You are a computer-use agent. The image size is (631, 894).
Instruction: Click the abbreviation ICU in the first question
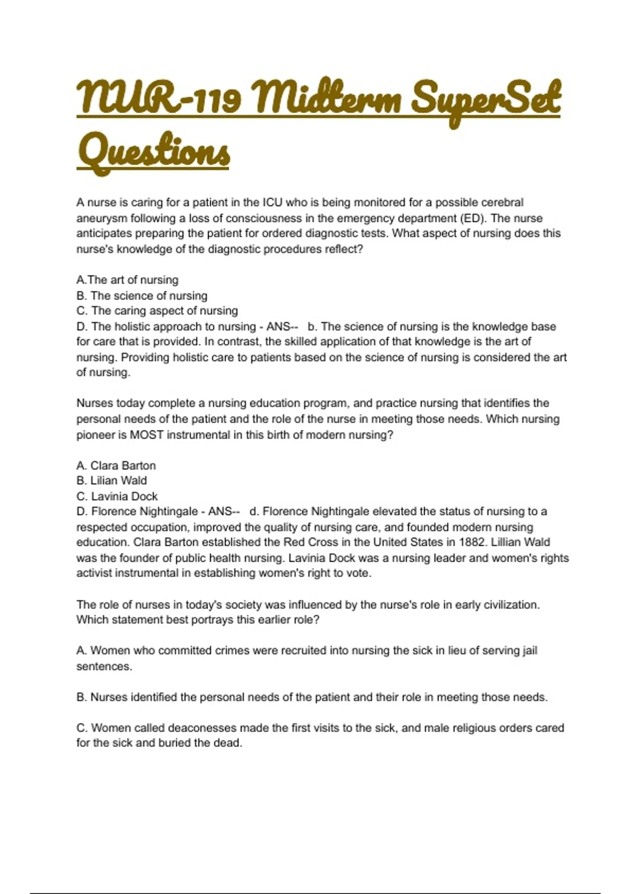click(x=272, y=202)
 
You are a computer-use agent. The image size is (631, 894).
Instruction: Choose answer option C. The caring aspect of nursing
click(x=157, y=311)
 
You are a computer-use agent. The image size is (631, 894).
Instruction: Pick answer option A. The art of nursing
click(x=127, y=280)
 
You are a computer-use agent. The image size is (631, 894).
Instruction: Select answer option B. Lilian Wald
click(x=111, y=481)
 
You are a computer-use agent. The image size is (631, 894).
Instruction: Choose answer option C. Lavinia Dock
click(x=117, y=496)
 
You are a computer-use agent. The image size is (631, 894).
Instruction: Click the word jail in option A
click(x=530, y=651)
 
